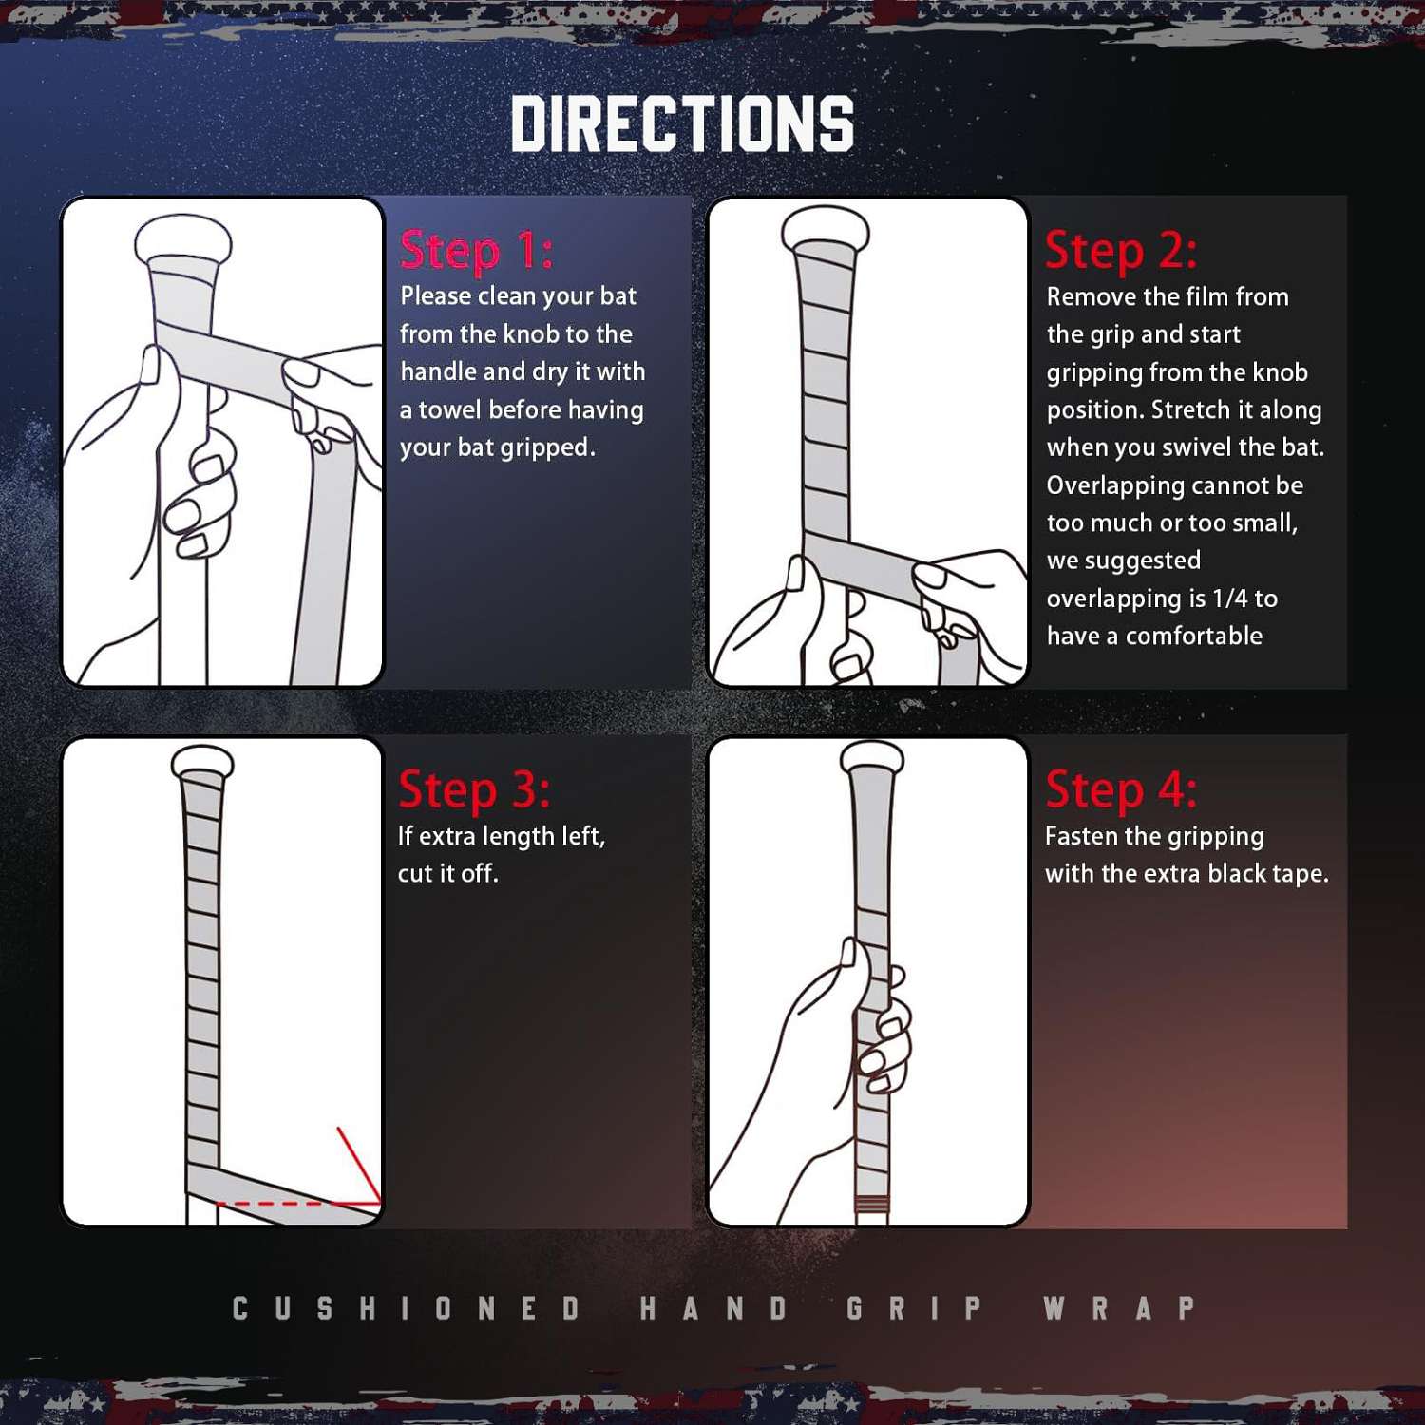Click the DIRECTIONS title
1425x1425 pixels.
[682, 123]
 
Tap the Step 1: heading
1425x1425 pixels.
[476, 250]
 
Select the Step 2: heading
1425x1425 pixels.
[1121, 250]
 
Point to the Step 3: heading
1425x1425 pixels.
[474, 789]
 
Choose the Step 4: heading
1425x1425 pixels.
[1121, 789]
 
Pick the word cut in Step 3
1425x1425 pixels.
[414, 873]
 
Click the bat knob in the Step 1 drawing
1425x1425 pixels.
[183, 241]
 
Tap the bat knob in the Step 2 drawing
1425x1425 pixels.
[826, 228]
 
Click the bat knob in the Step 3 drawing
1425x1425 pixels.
[202, 762]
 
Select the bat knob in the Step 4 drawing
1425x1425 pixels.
[872, 756]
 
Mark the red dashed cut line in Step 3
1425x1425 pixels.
[298, 1204]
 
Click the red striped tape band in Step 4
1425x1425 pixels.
[872, 1205]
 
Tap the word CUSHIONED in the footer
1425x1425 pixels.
[407, 1308]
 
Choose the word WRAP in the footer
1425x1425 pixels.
[1119, 1308]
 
